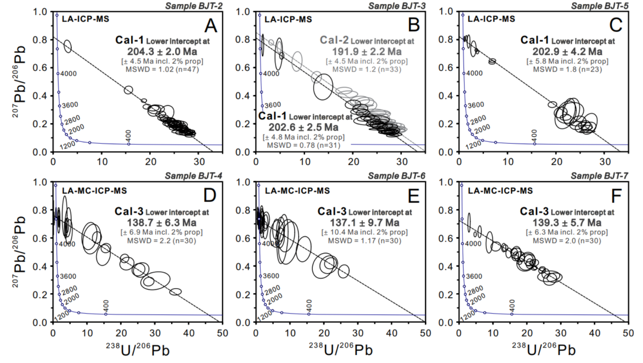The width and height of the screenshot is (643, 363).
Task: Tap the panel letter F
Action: pos(613,195)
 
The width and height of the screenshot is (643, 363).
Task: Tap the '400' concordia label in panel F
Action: pos(513,305)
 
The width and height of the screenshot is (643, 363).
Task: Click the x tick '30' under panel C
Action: pos(605,162)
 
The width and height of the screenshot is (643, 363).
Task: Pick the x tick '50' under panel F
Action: pos(628,332)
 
